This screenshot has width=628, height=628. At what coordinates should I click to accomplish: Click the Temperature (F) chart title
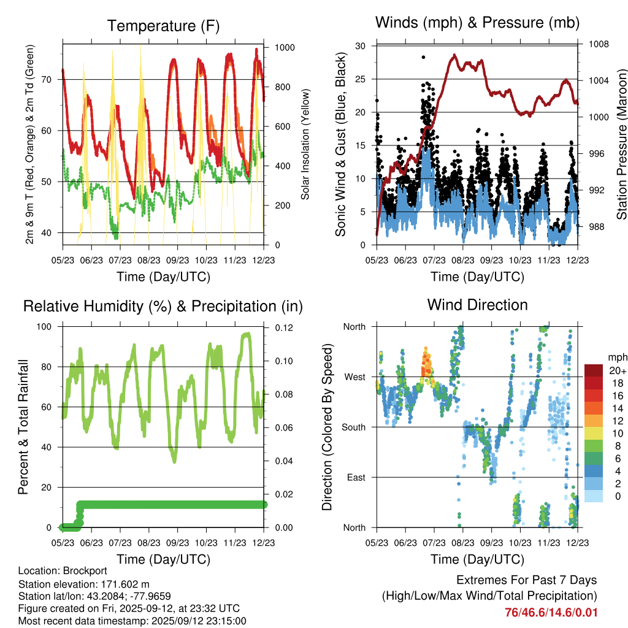[163, 26]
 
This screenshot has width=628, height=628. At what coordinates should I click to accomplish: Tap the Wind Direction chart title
[477, 304]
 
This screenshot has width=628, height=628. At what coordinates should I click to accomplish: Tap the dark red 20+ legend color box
[593, 370]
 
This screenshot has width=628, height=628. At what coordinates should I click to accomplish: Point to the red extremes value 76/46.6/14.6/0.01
[551, 612]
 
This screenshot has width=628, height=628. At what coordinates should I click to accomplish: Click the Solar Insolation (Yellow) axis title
[305, 145]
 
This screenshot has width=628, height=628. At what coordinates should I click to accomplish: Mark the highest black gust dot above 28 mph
[423, 57]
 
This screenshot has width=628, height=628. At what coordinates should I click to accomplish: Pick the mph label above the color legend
[618, 357]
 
